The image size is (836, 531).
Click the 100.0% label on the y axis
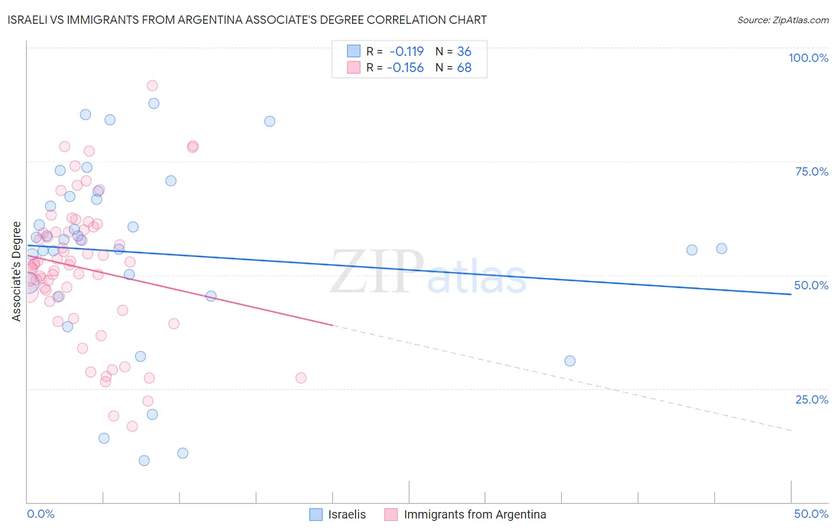point(808,58)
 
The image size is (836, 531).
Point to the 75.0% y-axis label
point(812,171)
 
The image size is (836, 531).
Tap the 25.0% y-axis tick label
point(812,399)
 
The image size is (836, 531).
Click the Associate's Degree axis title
point(17,271)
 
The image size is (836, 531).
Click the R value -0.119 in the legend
point(407,51)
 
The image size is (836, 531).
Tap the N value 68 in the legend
point(464,68)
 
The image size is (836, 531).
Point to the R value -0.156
point(406,68)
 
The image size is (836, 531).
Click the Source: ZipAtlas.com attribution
point(782,20)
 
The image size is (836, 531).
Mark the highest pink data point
point(152,86)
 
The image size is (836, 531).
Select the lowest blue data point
point(144,461)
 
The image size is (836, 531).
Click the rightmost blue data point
point(721,249)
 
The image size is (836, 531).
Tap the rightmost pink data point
point(301,378)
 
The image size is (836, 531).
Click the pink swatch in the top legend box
point(354,68)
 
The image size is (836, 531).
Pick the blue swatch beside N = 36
point(354,51)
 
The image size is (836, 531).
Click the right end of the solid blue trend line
point(791,294)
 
